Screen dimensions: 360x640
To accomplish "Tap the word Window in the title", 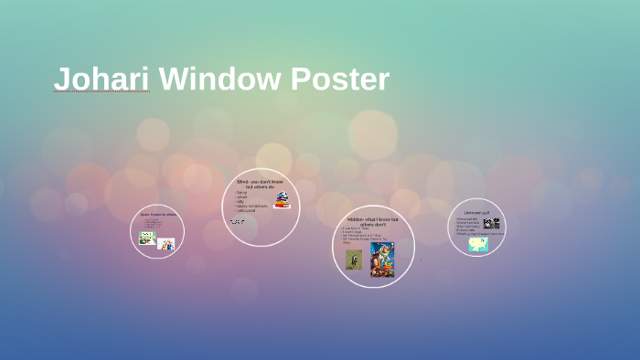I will (219, 79).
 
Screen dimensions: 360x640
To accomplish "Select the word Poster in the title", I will (340, 79).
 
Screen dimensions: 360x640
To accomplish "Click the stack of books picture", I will (282, 200).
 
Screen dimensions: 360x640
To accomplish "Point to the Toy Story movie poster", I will (382, 259).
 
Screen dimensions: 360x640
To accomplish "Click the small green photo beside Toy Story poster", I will (354, 259).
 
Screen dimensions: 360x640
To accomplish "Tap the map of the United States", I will (478, 244).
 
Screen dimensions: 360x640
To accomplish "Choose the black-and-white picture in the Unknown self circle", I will (492, 223).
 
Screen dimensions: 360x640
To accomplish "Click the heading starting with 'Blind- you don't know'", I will (260, 184).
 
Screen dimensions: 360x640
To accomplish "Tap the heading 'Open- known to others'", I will (157, 215).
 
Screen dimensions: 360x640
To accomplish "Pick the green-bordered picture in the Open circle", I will (146, 238).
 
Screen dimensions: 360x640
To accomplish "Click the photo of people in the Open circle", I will (165, 244).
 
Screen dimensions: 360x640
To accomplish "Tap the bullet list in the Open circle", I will (153, 224).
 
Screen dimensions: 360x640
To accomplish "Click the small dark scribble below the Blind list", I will (237, 221).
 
